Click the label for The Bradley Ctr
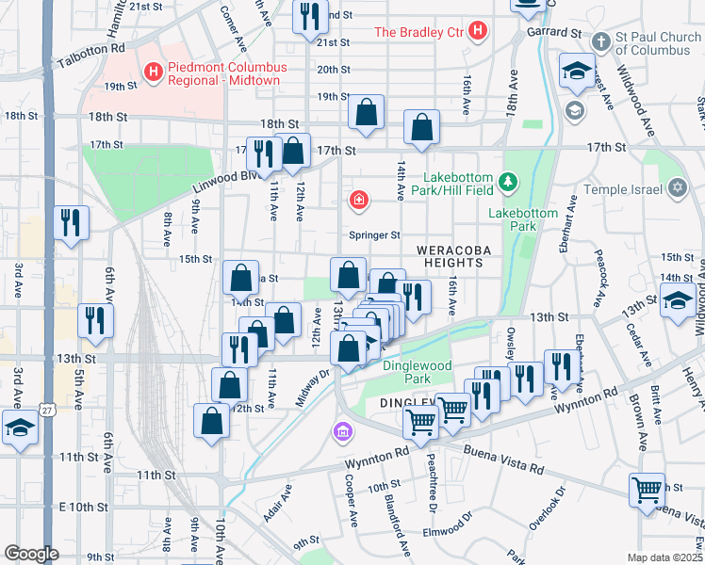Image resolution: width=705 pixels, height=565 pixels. click(x=419, y=32)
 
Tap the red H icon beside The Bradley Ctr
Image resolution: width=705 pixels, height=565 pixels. click(x=478, y=31)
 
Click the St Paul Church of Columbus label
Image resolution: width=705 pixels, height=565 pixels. click(x=650, y=44)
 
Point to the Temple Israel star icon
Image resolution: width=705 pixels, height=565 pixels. click(x=676, y=188)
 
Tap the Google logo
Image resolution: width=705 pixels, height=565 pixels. click(x=31, y=554)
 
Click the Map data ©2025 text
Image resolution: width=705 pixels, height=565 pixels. click(x=664, y=557)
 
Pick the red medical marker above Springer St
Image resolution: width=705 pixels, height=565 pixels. click(x=358, y=199)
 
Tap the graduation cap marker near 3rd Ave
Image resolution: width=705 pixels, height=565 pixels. click(x=20, y=428)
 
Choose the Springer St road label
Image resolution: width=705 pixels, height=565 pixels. click(x=375, y=235)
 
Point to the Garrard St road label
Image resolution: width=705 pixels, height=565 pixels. click(x=554, y=31)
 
